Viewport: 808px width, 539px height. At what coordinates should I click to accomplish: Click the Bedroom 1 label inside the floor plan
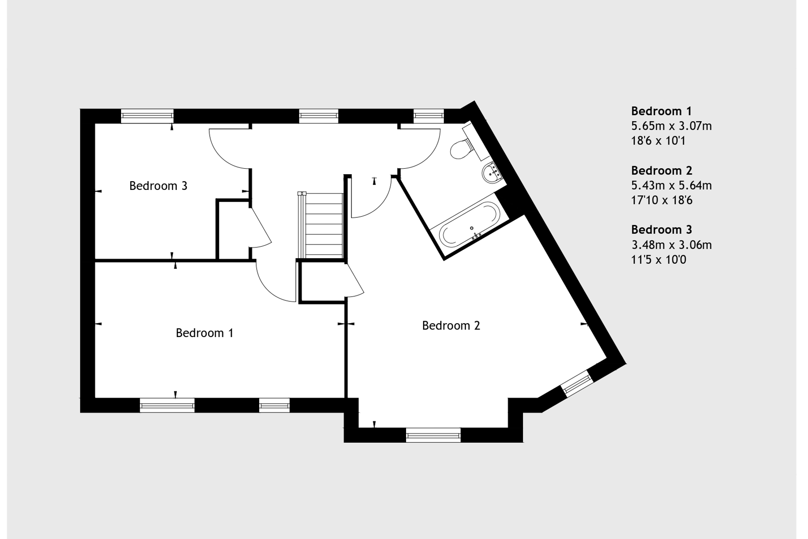point(204,333)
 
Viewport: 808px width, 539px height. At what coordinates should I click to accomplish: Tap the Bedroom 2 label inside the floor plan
point(451,325)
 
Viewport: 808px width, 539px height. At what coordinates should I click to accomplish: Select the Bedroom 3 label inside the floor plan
point(158,186)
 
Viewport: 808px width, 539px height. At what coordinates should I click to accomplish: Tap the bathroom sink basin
point(493,172)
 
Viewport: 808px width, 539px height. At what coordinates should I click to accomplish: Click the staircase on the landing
point(321,225)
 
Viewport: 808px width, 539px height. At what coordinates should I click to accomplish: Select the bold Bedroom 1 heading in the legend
point(661,111)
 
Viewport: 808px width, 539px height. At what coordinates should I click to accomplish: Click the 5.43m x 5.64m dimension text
point(671,185)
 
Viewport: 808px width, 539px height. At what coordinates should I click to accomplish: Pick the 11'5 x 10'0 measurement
point(659,260)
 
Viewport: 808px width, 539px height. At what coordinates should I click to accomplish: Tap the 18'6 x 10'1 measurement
point(658,141)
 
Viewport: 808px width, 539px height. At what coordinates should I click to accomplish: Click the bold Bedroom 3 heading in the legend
point(661,230)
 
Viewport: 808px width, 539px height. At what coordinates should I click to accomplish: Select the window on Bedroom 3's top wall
point(147,116)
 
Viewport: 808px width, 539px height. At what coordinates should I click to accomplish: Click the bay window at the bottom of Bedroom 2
point(433,435)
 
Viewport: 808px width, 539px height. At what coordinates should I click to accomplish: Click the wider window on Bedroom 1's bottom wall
point(167,405)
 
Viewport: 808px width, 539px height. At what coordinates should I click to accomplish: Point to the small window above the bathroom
point(429,116)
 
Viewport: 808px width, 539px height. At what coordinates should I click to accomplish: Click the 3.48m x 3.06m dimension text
point(672,245)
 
